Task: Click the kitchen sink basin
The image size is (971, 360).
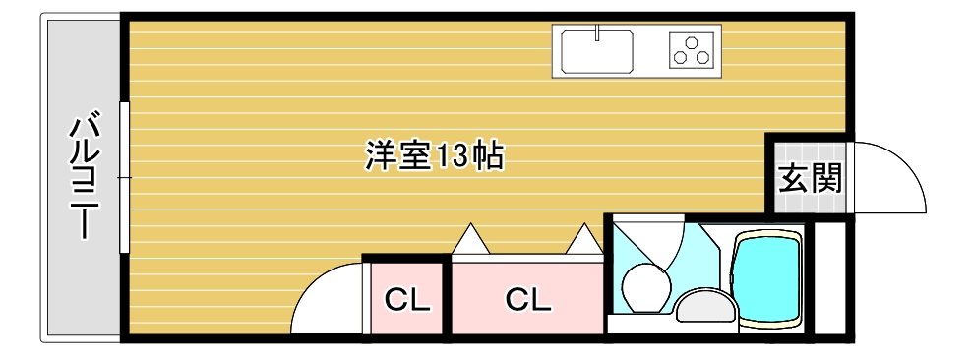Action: pyautogui.click(x=597, y=51)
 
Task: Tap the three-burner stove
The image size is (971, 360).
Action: pyautogui.click(x=691, y=50)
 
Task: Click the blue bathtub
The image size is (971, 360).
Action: pyautogui.click(x=770, y=277)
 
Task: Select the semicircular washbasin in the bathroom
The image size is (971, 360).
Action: pyautogui.click(x=704, y=308)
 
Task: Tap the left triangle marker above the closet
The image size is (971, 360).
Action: pyautogui.click(x=468, y=239)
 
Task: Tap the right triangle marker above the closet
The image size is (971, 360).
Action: pyautogui.click(x=584, y=239)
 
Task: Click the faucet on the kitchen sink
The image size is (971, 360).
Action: pyautogui.click(x=597, y=35)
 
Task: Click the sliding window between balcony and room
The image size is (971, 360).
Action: pyautogui.click(x=124, y=177)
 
